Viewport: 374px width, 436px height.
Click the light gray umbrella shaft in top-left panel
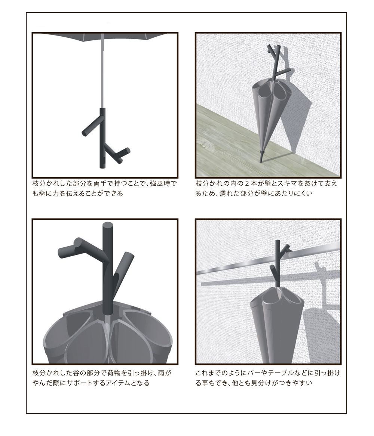(103, 71)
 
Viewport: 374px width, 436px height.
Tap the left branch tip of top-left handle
(85, 133)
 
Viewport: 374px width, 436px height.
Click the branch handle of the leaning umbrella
(276, 64)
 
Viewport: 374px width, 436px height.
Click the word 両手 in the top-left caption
(93, 184)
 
